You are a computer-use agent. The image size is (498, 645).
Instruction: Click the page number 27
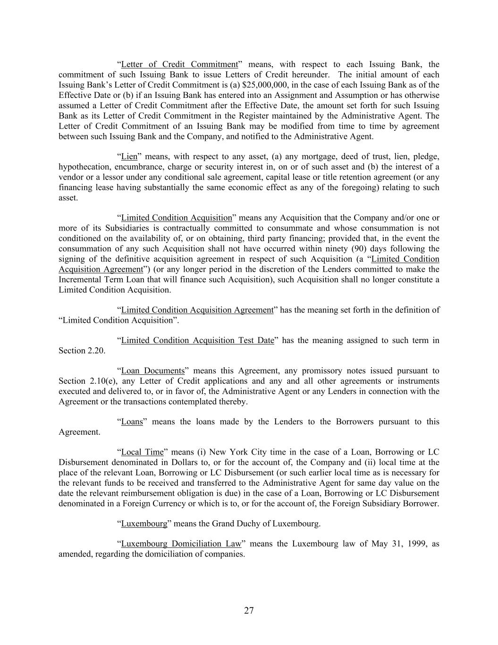pos(249,611)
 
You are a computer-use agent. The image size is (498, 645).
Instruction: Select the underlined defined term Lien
pos(129,156)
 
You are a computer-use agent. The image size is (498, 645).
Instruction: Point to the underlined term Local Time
pos(142,452)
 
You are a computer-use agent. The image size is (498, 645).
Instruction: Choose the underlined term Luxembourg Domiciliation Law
pos(181,544)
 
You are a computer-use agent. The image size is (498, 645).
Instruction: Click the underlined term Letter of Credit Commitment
pos(179,64)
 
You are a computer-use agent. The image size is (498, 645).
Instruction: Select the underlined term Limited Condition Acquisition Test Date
pos(197,340)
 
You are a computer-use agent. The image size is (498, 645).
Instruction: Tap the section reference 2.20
pos(97,351)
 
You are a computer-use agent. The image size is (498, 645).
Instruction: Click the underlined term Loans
pos(132,422)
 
